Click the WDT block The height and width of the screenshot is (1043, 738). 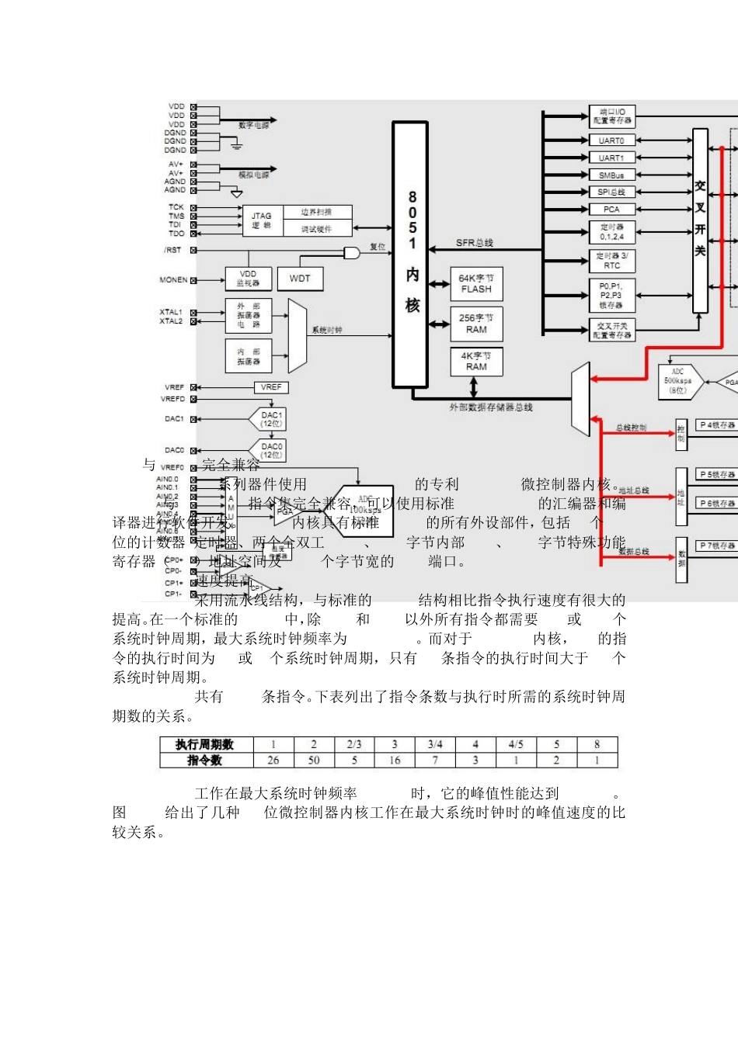(x=300, y=279)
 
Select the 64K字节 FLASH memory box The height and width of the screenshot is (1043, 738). (x=476, y=283)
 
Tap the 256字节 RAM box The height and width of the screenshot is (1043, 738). (x=476, y=324)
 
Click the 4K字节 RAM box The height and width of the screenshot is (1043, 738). (x=476, y=362)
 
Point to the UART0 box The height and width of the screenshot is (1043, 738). (x=611, y=140)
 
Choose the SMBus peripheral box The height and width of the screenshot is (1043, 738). (x=611, y=175)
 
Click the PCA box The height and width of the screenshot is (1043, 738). (x=611, y=210)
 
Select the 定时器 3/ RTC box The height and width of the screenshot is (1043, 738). (x=611, y=260)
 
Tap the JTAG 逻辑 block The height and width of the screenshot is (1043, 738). (x=262, y=220)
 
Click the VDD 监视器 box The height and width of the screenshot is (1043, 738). (x=248, y=279)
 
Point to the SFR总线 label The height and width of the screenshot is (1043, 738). (x=474, y=243)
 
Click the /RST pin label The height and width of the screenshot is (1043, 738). (x=172, y=250)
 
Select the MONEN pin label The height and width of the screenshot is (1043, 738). (x=173, y=280)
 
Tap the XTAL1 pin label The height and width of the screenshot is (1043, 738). (x=171, y=312)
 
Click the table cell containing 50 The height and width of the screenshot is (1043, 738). (x=314, y=761)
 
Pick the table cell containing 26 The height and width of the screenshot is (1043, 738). (x=273, y=761)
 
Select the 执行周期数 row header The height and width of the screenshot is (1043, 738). (x=205, y=744)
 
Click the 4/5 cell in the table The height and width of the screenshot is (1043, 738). (x=516, y=744)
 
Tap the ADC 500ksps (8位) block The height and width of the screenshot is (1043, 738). (x=678, y=381)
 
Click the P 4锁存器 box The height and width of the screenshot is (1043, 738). (x=717, y=425)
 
